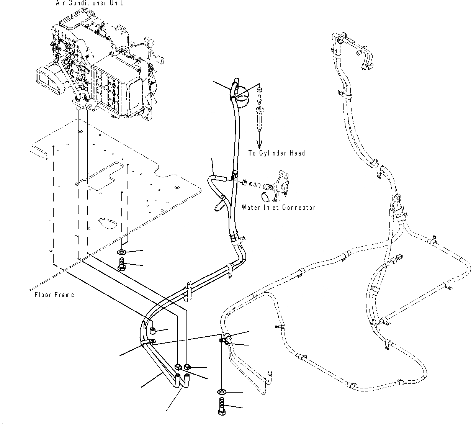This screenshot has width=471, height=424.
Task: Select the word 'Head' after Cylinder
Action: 297,153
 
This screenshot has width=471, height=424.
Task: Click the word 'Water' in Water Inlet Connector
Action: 250,208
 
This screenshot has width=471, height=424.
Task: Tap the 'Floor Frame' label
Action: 54,295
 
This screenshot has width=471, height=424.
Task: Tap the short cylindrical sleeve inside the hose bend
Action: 152,331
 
